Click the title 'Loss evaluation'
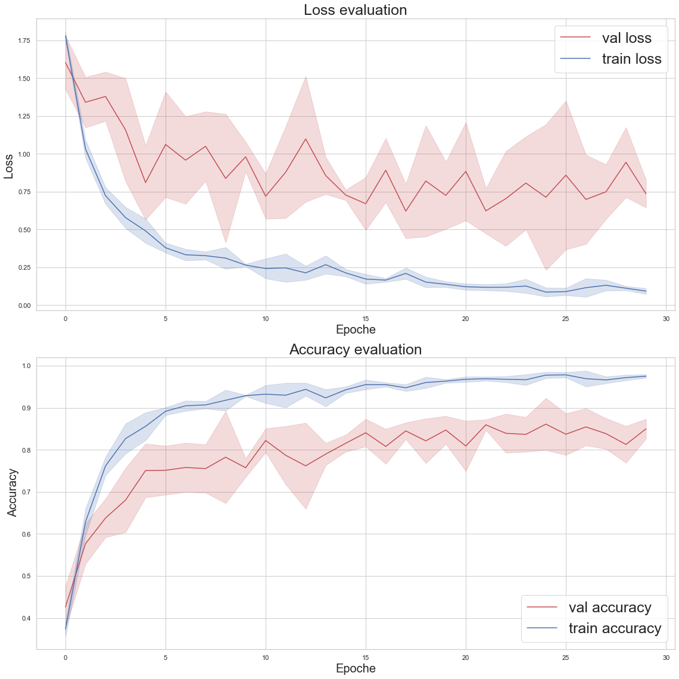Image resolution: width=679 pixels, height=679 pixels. tap(356, 10)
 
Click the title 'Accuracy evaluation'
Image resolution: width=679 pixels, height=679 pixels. tap(356, 350)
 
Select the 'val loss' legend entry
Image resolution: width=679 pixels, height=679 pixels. tap(627, 38)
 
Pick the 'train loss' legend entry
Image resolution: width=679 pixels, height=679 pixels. tap(631, 58)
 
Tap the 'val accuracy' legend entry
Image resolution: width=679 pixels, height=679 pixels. tap(610, 608)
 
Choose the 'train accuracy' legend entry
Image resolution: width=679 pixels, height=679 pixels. tap(615, 628)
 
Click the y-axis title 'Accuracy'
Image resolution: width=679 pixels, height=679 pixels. tap(12, 493)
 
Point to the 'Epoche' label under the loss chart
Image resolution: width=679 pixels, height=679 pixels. tap(356, 329)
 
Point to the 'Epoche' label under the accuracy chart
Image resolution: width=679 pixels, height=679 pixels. tap(356, 668)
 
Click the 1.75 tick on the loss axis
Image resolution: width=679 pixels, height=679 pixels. tap(24, 41)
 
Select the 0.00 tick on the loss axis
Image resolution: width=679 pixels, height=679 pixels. tap(24, 306)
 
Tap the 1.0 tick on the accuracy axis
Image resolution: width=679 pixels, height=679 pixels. tap(27, 366)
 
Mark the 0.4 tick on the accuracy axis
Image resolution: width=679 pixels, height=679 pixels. tap(27, 619)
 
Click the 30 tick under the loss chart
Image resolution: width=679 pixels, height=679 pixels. tap(666, 319)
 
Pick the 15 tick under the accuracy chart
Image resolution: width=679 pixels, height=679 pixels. tap(366, 658)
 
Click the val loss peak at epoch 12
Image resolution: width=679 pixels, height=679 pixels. tap(306, 139)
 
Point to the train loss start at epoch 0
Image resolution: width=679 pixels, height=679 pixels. tap(66, 36)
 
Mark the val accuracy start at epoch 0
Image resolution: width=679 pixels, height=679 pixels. tap(66, 607)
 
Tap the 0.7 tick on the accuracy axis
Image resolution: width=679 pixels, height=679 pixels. tap(27, 492)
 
